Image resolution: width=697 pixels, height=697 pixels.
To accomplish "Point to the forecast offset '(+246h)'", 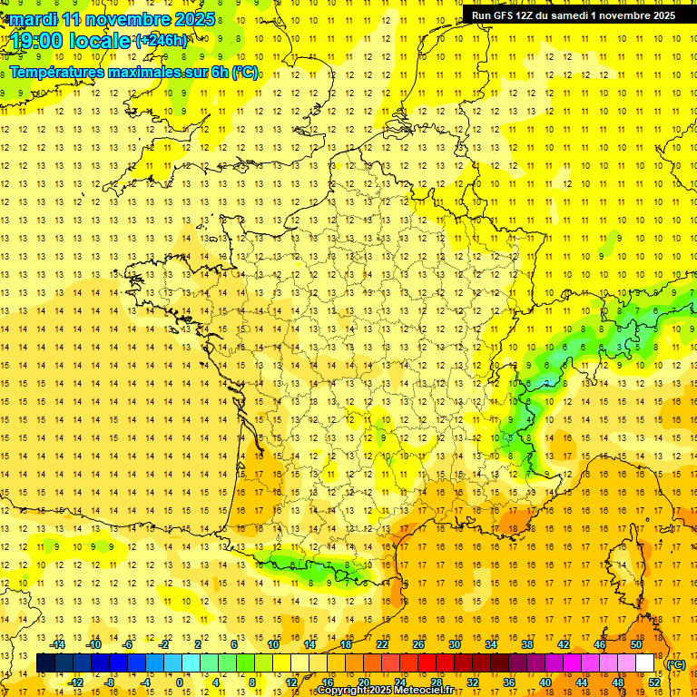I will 162,41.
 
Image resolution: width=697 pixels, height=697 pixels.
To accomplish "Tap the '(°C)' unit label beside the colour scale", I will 675,664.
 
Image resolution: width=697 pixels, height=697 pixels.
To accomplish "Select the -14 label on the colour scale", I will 58,644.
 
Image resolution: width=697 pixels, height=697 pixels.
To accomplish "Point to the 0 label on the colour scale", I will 180,682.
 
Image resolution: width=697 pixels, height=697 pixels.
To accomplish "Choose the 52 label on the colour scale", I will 654,682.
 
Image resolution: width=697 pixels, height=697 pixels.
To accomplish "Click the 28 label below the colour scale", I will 437,682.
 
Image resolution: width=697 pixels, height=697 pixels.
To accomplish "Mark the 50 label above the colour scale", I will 635,644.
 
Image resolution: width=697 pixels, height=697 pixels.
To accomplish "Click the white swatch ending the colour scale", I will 645,663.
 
